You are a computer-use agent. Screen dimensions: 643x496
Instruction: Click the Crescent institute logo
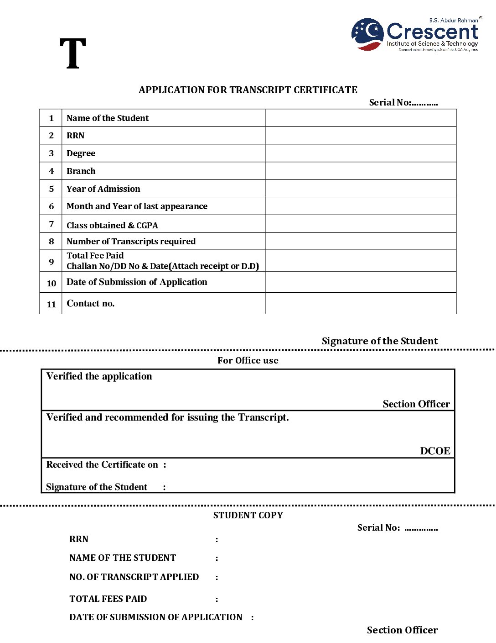[415, 35]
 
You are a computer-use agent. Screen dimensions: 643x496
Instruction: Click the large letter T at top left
[73, 54]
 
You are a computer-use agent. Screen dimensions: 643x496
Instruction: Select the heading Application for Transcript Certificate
[248, 90]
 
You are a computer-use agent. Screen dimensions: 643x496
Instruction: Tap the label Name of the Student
[108, 118]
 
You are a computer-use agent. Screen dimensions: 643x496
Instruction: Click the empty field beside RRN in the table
[361, 136]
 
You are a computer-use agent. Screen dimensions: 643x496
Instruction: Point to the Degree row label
[81, 153]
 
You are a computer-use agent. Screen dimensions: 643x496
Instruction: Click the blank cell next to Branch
[361, 171]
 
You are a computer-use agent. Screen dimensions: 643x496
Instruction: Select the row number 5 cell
[51, 189]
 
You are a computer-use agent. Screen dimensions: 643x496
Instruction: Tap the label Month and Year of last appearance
[137, 206]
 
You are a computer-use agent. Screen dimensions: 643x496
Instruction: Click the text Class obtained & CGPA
[112, 225]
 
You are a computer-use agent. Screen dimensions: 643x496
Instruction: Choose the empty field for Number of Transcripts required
[361, 242]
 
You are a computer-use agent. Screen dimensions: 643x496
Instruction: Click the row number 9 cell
[51, 262]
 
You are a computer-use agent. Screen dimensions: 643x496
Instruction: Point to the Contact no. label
[90, 304]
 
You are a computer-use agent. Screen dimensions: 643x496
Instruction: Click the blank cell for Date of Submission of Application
[361, 282]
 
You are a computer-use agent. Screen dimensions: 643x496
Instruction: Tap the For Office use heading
[248, 361]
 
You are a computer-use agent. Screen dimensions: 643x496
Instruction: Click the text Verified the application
[99, 376]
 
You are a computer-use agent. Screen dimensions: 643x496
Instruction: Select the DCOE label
[435, 451]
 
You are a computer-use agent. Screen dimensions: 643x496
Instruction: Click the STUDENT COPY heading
[248, 516]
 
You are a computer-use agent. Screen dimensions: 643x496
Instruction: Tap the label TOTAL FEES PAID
[108, 599]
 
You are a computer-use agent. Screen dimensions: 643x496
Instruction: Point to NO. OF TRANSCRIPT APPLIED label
[134, 577]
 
